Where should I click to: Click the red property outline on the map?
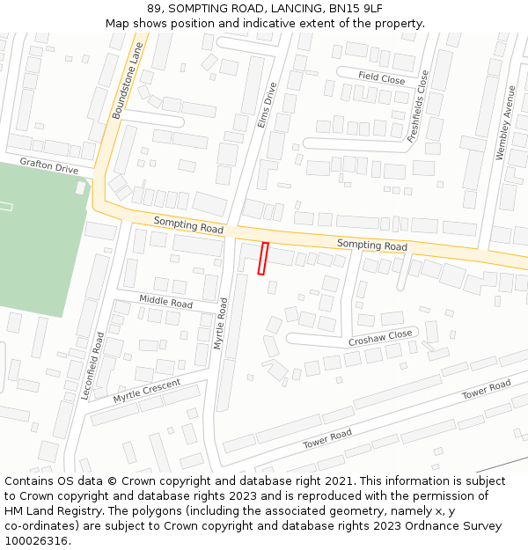(x=262, y=259)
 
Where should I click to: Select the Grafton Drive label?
(x=49, y=165)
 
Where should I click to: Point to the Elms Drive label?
(x=267, y=106)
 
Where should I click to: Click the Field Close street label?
(x=381, y=78)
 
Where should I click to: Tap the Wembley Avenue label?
(x=504, y=121)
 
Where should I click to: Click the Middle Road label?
(x=165, y=302)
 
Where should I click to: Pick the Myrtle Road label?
(x=221, y=323)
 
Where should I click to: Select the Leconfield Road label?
(x=92, y=365)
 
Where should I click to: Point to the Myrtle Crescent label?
(x=146, y=391)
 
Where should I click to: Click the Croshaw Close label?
(x=380, y=336)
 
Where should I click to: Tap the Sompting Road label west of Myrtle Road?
(x=188, y=225)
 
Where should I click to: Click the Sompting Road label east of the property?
(x=372, y=245)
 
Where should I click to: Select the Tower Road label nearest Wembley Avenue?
(x=487, y=390)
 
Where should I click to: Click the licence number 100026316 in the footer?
(x=38, y=540)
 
